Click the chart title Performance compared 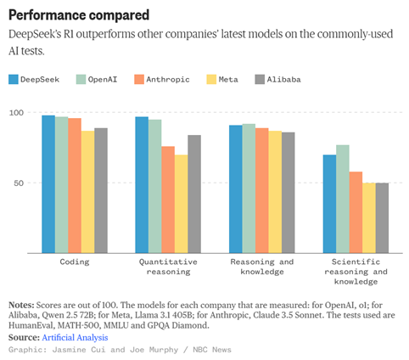tap(79, 15)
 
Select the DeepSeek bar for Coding tap(48, 184)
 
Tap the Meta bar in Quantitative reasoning tap(182, 204)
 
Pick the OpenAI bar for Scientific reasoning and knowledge tap(343, 199)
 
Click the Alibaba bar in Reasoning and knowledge tap(289, 193)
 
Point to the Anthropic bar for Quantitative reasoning tap(168, 200)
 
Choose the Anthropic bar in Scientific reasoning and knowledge tap(356, 212)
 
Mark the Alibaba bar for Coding tap(101, 190)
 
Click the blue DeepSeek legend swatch tap(14, 80)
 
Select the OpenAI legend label tap(103, 80)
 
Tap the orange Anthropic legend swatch tap(139, 80)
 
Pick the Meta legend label tap(228, 80)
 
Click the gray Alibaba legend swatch tap(260, 80)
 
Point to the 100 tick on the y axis tap(16, 113)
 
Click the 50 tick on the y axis tap(19, 183)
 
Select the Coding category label tap(75, 262)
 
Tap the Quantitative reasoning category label tap(168, 267)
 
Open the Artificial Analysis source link tap(75, 337)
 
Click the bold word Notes tap(21, 305)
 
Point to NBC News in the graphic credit tap(212, 350)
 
